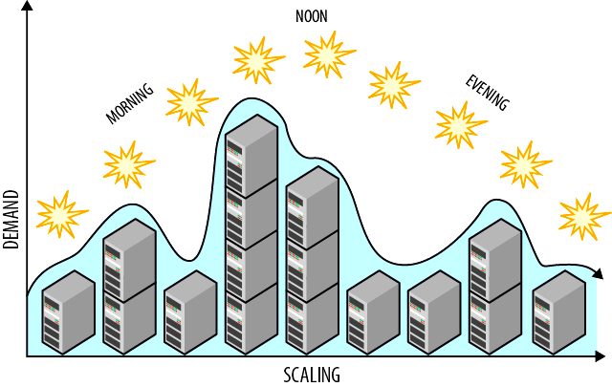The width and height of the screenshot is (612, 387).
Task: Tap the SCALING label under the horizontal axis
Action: click(312, 374)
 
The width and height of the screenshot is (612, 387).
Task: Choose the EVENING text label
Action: click(487, 92)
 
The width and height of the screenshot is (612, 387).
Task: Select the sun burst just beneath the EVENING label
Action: click(461, 124)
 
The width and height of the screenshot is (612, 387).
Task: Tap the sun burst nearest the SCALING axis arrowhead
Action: click(583, 215)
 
